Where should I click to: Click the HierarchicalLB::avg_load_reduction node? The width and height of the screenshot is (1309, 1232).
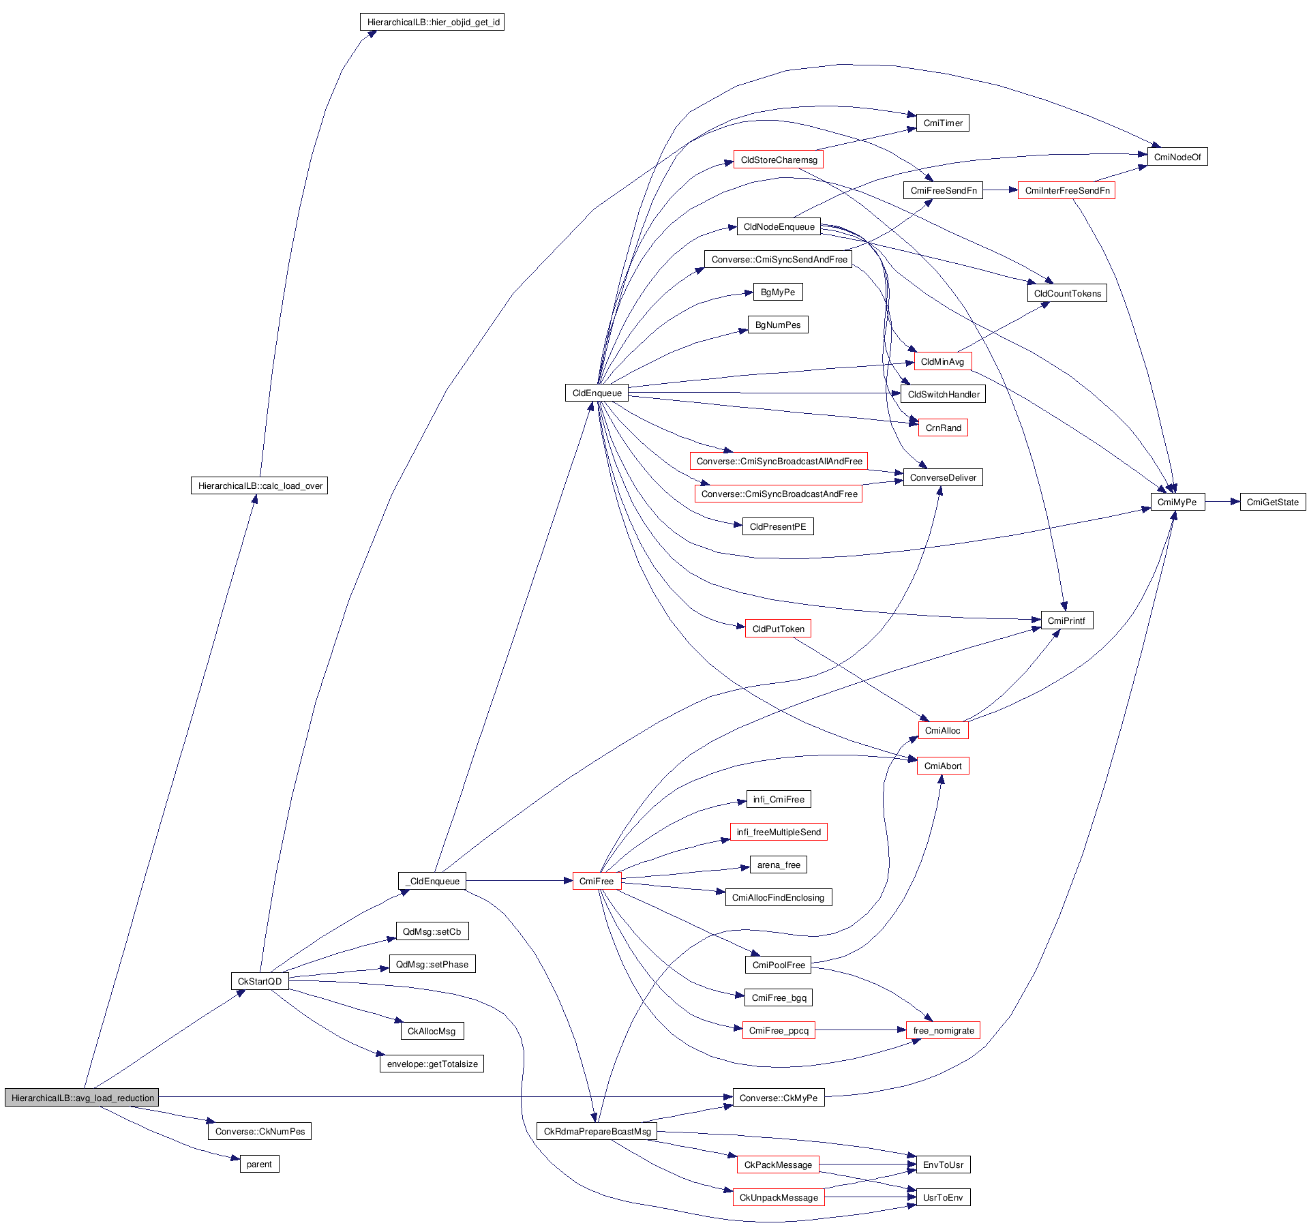click(x=82, y=1098)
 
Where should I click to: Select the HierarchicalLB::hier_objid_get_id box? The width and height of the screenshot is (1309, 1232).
click(x=432, y=22)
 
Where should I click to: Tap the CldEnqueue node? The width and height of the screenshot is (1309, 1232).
click(x=597, y=393)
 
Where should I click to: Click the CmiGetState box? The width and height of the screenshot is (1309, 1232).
click(x=1272, y=502)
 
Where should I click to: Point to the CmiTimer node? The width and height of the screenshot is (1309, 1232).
click(x=942, y=123)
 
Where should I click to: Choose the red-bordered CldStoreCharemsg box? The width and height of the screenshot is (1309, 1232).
click(x=779, y=160)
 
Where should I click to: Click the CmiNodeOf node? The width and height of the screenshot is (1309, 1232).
click(x=1177, y=157)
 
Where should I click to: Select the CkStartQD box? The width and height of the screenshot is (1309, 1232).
click(x=259, y=981)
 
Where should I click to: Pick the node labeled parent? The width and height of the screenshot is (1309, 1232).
click(x=259, y=1164)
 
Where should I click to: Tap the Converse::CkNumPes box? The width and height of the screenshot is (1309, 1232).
click(x=260, y=1131)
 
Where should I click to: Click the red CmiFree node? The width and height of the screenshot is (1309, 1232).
click(x=597, y=881)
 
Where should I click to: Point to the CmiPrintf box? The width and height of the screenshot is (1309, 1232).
click(x=1066, y=620)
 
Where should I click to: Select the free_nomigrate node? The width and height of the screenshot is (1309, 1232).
click(x=943, y=1030)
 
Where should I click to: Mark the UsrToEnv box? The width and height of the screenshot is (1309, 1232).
click(x=943, y=1197)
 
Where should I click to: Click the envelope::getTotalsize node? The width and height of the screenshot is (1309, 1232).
click(x=432, y=1064)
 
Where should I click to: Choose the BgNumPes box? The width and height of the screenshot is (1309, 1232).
click(x=778, y=325)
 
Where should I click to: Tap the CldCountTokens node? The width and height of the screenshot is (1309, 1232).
click(x=1067, y=293)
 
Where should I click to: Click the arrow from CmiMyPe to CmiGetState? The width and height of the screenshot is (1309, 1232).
click(x=1222, y=502)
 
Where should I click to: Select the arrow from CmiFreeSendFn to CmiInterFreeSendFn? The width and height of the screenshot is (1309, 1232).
click(x=1000, y=190)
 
